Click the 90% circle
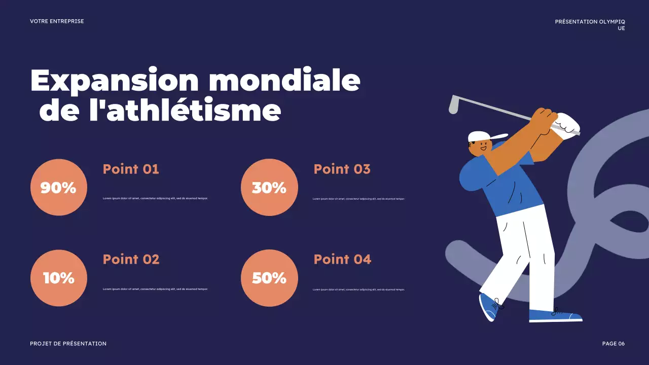(59, 187)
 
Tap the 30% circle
(269, 187)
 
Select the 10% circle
(59, 278)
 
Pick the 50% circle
(269, 278)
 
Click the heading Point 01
(131, 169)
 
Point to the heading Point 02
(131, 259)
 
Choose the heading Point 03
(342, 169)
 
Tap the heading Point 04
(342, 259)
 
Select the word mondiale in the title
(284, 80)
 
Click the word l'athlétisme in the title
(185, 111)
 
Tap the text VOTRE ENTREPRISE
(57, 21)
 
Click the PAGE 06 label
(613, 344)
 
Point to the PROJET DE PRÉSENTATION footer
(68, 344)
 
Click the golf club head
(454, 104)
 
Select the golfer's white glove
(567, 125)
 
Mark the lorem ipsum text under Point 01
(155, 198)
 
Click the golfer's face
(480, 148)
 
